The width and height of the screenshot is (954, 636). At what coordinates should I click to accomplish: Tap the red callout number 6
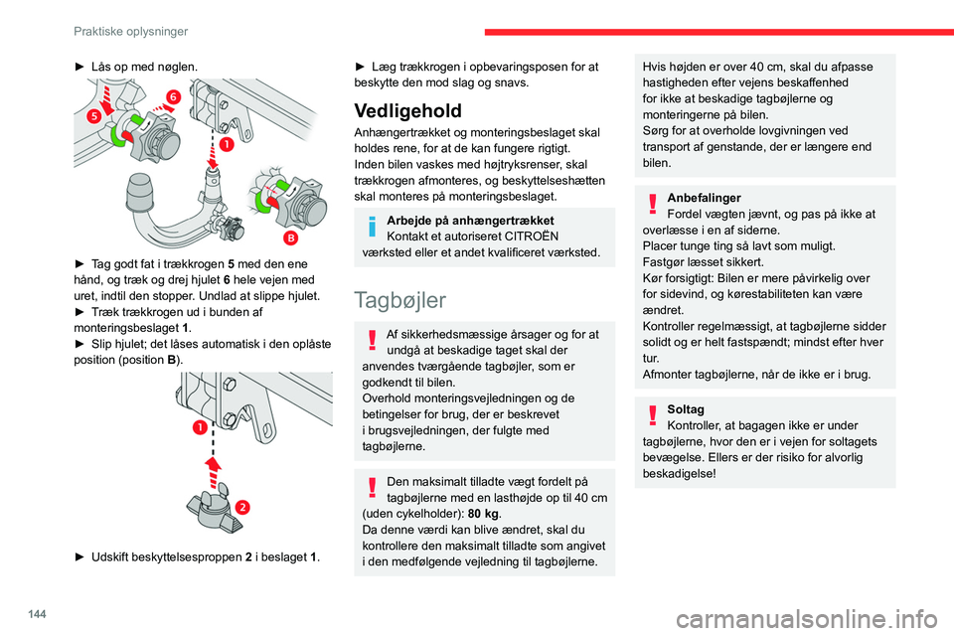(173, 96)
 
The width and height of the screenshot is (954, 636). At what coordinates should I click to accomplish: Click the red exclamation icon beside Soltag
(652, 413)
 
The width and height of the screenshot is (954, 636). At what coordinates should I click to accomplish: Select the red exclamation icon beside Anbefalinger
(652, 202)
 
